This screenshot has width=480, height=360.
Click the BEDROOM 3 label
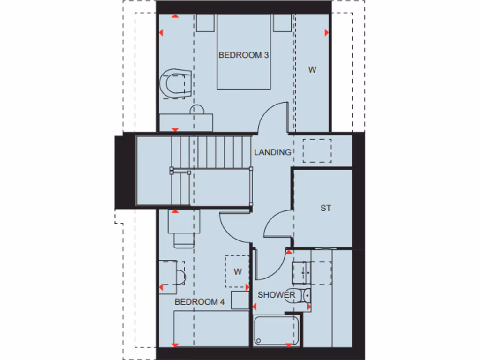pyautogui.click(x=243, y=55)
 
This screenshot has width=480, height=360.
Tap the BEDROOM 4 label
pyautogui.click(x=199, y=302)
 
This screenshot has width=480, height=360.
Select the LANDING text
pyautogui.click(x=272, y=152)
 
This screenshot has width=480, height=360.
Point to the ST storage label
pyautogui.click(x=325, y=208)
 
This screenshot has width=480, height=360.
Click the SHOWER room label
pyautogui.click(x=276, y=295)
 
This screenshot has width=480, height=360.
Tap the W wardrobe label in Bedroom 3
pyautogui.click(x=312, y=70)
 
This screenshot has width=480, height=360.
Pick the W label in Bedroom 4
pyautogui.click(x=238, y=272)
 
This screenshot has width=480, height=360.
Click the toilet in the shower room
pyautogui.click(x=300, y=295)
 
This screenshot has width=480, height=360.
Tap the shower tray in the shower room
pyautogui.click(x=276, y=331)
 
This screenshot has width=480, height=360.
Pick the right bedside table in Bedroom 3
pyautogui.click(x=283, y=23)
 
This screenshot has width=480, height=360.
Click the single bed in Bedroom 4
pyautogui.click(x=211, y=328)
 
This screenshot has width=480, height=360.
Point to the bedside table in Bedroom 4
pyautogui.click(x=240, y=300)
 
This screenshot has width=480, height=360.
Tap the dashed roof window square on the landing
pyautogui.click(x=317, y=150)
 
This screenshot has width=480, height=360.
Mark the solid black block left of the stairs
pyautogui.click(x=125, y=172)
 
